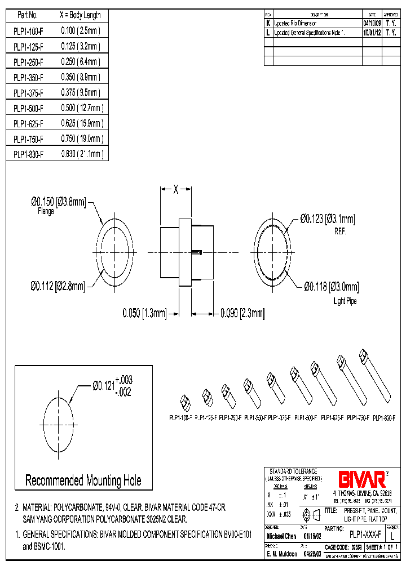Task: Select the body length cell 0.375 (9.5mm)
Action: coord(80,93)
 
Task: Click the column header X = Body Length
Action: coord(80,16)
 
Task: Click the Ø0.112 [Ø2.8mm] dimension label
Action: coord(58,287)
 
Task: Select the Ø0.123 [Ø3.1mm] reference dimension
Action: coord(328,219)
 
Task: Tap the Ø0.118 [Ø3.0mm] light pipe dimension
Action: coord(332,287)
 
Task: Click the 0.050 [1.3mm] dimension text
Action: coord(145,312)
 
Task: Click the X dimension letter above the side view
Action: coord(175,190)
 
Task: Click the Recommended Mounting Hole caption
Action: coord(83,480)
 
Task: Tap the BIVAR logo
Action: coord(361,479)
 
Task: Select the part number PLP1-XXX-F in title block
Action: coord(365,533)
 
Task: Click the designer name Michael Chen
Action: coord(281,537)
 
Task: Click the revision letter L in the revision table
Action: coord(268,33)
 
